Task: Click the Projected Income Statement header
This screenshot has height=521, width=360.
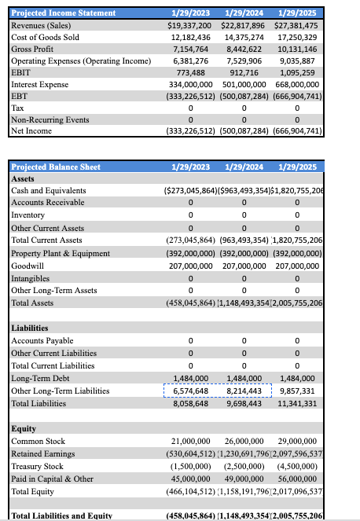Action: click(63, 13)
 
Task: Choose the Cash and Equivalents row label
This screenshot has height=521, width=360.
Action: click(49, 190)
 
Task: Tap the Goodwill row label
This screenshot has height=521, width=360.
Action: click(29, 266)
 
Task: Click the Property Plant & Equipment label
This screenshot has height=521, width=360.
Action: click(61, 253)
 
